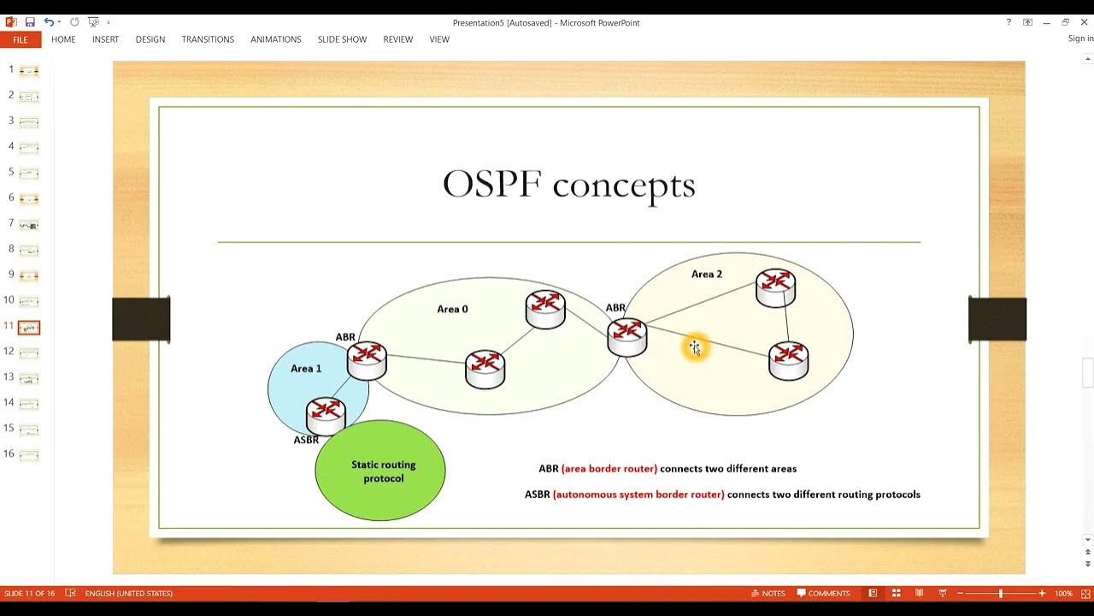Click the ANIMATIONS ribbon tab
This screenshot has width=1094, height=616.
[275, 39]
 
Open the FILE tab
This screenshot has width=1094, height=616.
[21, 39]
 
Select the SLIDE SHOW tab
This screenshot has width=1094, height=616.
[342, 39]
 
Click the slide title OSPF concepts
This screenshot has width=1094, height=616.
[568, 185]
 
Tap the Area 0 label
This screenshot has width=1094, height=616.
[452, 309]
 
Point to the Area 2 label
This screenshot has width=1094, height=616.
[707, 275]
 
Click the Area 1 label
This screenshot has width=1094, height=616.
[306, 369]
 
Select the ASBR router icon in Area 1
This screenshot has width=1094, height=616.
[326, 415]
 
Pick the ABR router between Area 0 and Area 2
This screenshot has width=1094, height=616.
[627, 335]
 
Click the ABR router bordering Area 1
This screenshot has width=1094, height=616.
[367, 359]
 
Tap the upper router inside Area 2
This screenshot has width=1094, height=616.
[776, 287]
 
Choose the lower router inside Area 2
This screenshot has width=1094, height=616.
[788, 359]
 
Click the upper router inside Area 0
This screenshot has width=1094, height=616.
[545, 309]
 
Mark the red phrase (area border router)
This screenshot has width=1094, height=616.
[609, 469]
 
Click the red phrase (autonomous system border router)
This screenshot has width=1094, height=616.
[638, 495]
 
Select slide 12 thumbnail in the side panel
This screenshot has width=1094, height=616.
[29, 352]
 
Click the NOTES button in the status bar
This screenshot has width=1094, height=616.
[768, 593]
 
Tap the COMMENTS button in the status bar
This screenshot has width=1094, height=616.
[823, 593]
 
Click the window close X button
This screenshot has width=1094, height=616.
[1084, 22]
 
